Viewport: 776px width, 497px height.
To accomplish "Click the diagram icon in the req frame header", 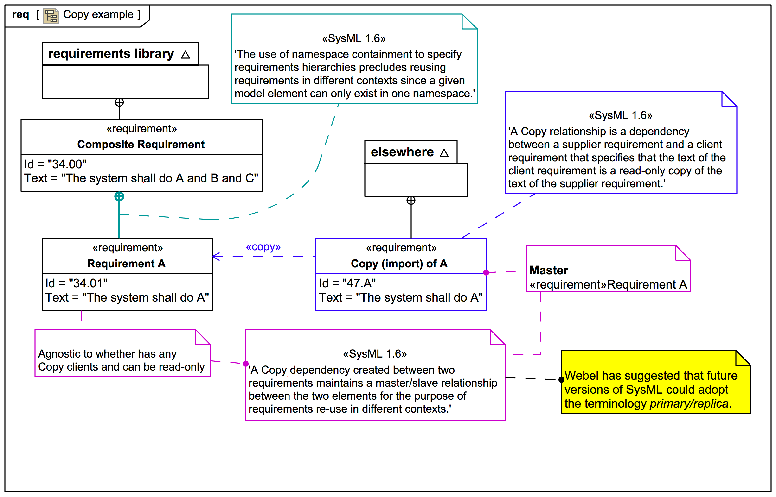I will tap(51, 15).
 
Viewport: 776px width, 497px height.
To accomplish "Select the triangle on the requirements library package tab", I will tap(185, 55).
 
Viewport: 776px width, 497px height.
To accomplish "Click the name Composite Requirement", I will tap(141, 144).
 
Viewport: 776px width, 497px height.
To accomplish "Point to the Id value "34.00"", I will tap(67, 164).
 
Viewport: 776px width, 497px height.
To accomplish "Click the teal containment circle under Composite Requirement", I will tap(119, 196).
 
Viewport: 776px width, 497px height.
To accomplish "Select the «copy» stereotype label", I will tap(263, 247).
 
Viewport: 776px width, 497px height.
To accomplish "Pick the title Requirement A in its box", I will tap(126, 264).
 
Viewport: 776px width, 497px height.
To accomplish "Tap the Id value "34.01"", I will tap(88, 283).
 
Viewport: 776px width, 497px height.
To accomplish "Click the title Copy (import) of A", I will tap(399, 264).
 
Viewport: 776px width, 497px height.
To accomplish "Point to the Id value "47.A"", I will tap(359, 283).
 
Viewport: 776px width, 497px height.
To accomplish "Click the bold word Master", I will tap(549, 270).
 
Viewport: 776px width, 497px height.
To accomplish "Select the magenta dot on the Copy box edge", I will tap(486, 272).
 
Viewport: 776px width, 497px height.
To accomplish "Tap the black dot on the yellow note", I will tap(561, 379).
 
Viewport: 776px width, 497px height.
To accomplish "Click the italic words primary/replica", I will tap(689, 403).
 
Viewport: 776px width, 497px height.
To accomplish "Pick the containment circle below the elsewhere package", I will tap(411, 201).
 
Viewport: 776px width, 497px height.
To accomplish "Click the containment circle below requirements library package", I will tap(119, 102).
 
